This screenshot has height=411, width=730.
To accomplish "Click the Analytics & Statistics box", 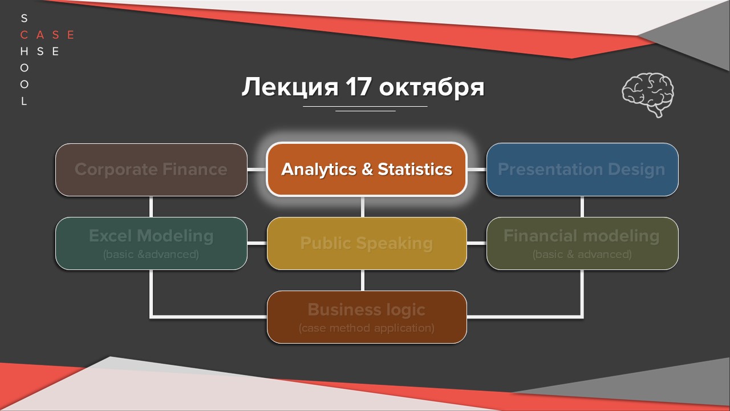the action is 367,170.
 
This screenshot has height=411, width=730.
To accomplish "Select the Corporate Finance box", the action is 151,170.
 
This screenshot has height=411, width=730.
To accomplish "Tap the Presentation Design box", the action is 582,170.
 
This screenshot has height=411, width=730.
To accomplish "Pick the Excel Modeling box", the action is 151,243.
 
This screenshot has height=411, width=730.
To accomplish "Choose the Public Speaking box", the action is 367,243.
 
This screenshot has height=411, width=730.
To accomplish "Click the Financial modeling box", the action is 582,243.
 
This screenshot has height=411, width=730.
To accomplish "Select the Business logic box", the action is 367,317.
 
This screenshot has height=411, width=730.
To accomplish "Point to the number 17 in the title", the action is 358,87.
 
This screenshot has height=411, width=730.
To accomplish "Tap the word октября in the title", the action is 432,87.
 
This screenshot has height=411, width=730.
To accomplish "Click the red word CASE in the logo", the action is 47,35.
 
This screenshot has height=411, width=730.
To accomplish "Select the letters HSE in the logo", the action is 39,51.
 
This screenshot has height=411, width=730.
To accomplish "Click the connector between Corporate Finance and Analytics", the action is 257,170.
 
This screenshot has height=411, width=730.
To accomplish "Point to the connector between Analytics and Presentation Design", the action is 477,170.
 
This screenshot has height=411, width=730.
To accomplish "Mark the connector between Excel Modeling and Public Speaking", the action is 257,243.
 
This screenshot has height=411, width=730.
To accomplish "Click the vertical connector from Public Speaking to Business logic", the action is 363,280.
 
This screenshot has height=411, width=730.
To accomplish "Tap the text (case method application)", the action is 367,328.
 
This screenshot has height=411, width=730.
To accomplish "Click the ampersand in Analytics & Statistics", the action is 367,170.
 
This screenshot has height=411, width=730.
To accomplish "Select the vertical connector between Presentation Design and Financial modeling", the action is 582,207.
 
